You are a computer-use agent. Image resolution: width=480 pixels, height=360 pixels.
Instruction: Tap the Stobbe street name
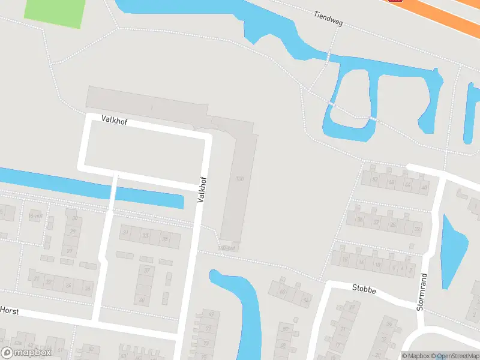pos(364,289)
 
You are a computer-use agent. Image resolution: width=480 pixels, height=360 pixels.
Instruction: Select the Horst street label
pos(10,310)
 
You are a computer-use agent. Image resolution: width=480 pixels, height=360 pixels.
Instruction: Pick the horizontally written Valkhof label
pos(115,121)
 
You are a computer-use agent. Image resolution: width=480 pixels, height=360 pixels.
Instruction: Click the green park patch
pos(55,12)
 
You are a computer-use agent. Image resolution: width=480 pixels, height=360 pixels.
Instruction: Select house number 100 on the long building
pos(240,179)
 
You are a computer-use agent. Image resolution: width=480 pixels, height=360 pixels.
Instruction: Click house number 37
pos(145,271)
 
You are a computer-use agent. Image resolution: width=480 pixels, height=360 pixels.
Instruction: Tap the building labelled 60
pos(283,292)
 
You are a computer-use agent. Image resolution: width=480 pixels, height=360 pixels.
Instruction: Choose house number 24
pos(68,286)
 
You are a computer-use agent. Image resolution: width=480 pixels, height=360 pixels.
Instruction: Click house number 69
pos(211,314)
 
